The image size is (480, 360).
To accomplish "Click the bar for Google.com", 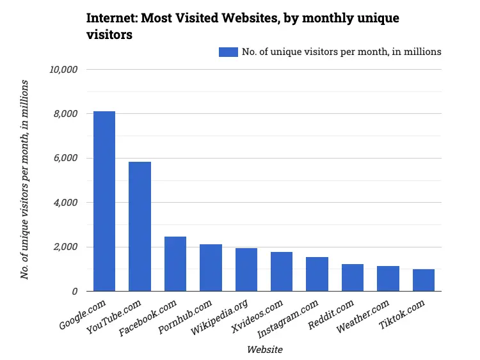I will (104, 201).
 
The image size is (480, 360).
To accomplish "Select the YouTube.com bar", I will (140, 226).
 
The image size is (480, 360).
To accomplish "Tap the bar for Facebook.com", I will (175, 264).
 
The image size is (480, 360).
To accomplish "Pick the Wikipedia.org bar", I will (246, 270).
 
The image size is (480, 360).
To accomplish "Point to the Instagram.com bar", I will (317, 274).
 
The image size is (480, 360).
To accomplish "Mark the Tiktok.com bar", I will (423, 280).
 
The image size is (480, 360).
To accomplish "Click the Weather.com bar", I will (388, 279).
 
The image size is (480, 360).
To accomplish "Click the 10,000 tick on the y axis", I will (63, 69).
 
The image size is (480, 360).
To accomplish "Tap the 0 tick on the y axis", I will (75, 292).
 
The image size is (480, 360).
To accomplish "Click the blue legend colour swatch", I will (228, 52).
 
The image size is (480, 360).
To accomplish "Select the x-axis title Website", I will (264, 350).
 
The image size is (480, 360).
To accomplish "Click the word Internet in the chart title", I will (110, 18).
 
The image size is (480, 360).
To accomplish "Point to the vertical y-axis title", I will (25, 180).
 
